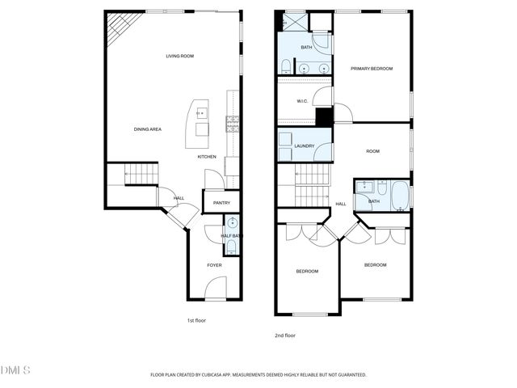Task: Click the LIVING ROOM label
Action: tap(179, 56)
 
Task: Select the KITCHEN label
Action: tap(207, 157)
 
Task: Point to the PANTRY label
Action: tap(221, 203)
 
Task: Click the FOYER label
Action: tap(214, 265)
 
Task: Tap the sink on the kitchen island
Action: tap(200, 112)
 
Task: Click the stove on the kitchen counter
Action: tap(232, 124)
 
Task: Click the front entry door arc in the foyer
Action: tap(214, 286)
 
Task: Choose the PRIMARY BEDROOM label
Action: tap(372, 69)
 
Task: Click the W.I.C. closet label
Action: tap(302, 101)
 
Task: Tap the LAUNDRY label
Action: tap(305, 145)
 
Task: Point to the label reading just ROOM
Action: tap(372, 151)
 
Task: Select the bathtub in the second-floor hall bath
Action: tap(400, 195)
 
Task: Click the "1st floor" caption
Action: tap(196, 320)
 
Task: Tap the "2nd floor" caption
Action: tap(285, 334)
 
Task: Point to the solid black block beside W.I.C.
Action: tap(324, 116)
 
